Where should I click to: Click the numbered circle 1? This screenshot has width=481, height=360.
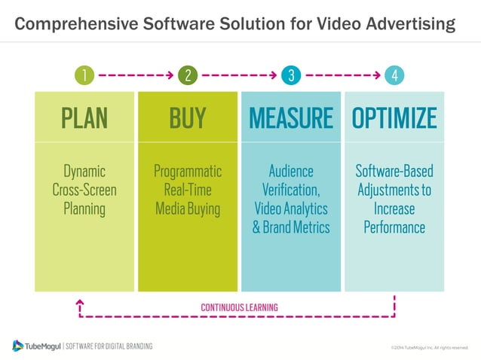click(x=85, y=75)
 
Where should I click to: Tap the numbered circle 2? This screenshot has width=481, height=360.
click(x=188, y=75)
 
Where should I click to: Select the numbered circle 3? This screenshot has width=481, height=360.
click(x=290, y=75)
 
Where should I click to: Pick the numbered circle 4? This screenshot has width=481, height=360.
click(x=394, y=75)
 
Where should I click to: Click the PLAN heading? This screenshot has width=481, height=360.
click(x=84, y=117)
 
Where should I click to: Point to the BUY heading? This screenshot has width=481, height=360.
click(x=187, y=117)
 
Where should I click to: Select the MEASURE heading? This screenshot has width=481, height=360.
click(x=290, y=117)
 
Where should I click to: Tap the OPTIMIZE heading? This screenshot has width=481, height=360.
click(x=394, y=117)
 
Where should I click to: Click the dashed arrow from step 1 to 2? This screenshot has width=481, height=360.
click(x=136, y=75)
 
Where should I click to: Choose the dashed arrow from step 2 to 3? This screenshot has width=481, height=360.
click(x=239, y=75)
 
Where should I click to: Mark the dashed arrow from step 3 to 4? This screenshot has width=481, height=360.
click(x=342, y=75)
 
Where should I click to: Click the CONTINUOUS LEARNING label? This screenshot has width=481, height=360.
click(x=239, y=307)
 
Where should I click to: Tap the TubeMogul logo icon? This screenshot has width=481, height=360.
click(x=18, y=346)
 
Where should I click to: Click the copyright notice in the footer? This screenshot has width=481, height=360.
click(x=429, y=347)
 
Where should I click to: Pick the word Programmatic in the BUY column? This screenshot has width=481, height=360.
click(x=188, y=171)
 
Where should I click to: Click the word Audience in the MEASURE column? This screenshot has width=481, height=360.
click(x=291, y=171)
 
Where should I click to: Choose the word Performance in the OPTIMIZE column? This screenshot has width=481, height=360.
click(x=394, y=227)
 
